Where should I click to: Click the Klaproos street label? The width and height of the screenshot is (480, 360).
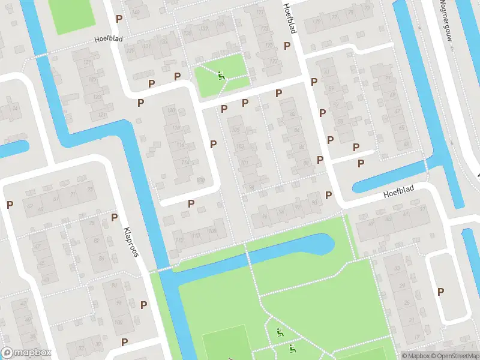[131, 242]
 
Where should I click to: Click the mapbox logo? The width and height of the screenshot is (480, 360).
[26, 353]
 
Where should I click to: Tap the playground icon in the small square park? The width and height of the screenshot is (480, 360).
[221, 76]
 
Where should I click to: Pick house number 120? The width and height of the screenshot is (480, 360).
[171, 111]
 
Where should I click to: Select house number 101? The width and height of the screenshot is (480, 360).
[244, 162]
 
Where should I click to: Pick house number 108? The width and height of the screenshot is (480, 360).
[212, 230]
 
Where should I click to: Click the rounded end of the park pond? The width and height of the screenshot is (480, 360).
[327, 243]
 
